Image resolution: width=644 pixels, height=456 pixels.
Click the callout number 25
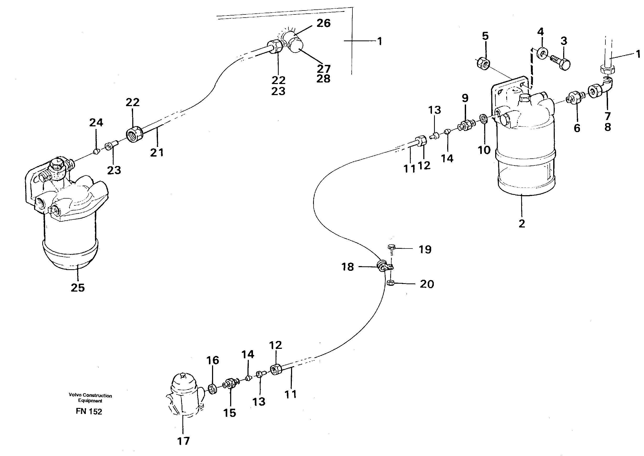[x=78, y=288]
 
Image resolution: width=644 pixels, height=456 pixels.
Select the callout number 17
[x=183, y=441]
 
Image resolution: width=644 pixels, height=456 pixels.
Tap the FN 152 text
[x=89, y=411]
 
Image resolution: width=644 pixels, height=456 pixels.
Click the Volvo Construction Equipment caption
[x=90, y=398]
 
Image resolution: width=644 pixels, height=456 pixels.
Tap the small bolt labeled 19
[x=392, y=247]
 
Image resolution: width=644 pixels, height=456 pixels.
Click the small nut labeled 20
[x=390, y=283]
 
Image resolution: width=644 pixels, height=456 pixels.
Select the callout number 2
[x=522, y=224]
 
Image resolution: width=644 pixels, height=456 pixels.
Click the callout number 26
[x=323, y=23]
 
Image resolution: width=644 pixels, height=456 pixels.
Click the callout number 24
[x=96, y=122]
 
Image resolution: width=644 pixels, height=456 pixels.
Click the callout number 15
[x=229, y=413]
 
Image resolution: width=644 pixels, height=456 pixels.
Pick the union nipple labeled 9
[x=466, y=125]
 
